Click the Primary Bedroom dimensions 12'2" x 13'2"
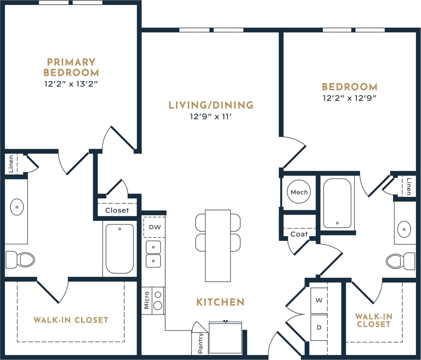click(x=71, y=84)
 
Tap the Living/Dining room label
click(x=211, y=105)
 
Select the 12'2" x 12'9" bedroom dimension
click(x=349, y=98)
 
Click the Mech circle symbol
click(x=299, y=192)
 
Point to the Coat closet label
click(x=299, y=234)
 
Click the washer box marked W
click(x=319, y=300)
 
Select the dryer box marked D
click(x=319, y=327)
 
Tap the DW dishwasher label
click(x=155, y=228)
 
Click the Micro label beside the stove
click(x=147, y=300)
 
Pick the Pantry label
click(x=200, y=343)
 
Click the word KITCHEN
click(x=220, y=302)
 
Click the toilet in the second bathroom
click(x=400, y=261)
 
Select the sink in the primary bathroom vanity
click(x=17, y=207)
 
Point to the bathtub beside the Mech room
click(x=337, y=203)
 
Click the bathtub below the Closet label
click(x=120, y=249)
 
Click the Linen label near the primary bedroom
click(x=11, y=164)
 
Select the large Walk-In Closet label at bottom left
click(x=71, y=320)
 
